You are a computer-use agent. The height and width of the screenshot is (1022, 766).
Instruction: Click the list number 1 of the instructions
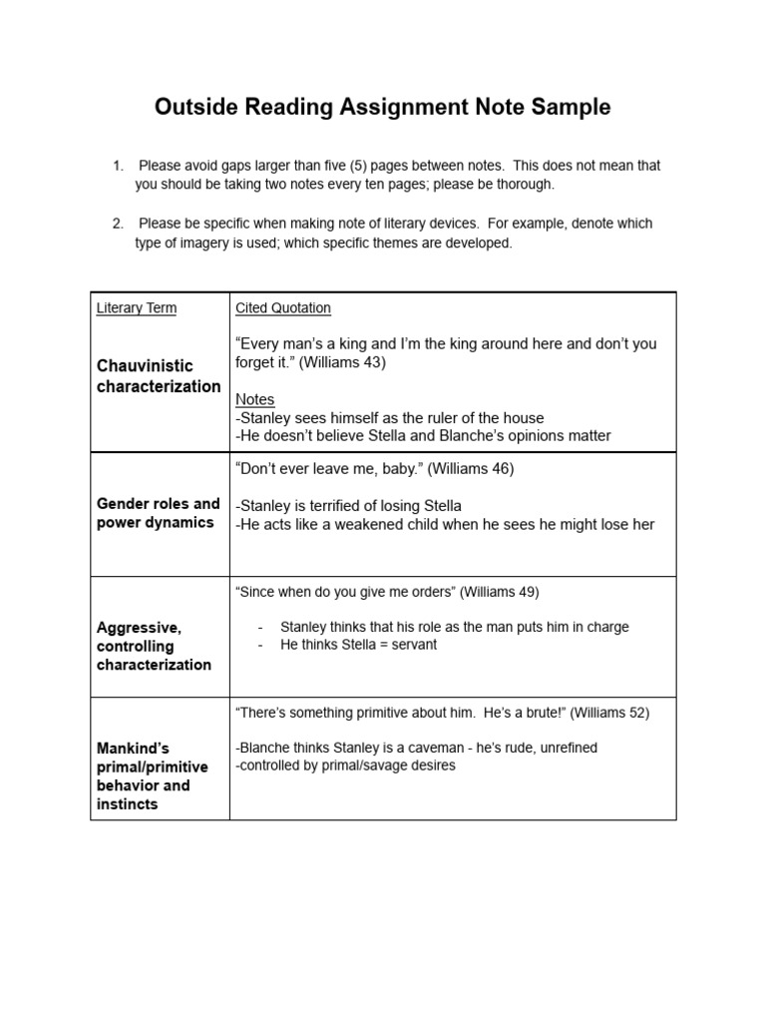tap(118, 166)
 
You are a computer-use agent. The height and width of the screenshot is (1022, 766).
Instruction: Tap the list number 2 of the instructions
tap(118, 224)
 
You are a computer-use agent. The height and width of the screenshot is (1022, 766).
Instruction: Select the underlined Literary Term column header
tap(137, 308)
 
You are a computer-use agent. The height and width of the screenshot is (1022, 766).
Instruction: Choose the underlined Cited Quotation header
tap(283, 308)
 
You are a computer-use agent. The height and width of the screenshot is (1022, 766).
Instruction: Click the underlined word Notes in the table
tap(254, 399)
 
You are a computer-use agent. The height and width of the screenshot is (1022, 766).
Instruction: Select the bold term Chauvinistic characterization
tap(159, 376)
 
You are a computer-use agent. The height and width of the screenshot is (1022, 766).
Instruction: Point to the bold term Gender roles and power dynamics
tap(158, 513)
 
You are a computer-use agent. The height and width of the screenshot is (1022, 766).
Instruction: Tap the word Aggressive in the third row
tap(139, 628)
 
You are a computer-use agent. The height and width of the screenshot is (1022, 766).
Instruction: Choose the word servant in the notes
tap(413, 645)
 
